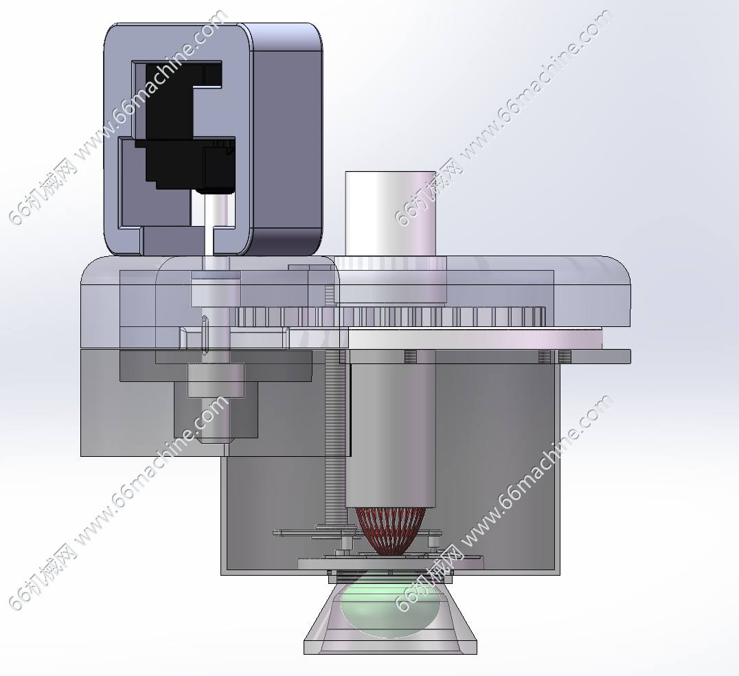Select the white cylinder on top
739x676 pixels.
tap(390, 213)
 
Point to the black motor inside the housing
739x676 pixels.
tap(188, 127)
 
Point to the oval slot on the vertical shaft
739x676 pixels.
tap(205, 335)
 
